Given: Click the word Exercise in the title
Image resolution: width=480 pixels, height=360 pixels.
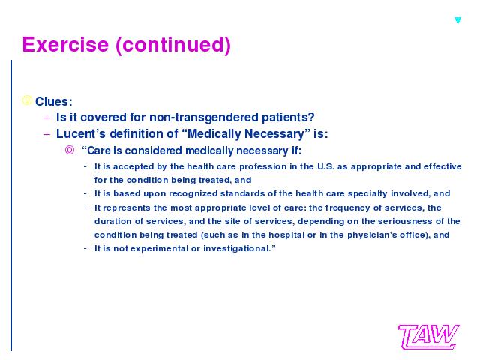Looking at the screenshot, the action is (65, 45).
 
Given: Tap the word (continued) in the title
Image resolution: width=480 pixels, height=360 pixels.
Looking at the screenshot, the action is (173, 46).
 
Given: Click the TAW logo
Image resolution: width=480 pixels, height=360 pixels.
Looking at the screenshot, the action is (428, 337).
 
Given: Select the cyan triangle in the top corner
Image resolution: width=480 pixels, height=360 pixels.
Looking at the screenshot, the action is (458, 20).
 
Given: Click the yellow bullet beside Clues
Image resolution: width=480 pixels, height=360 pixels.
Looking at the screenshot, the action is (27, 100).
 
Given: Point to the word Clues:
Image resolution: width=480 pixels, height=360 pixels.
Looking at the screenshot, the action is (53, 102).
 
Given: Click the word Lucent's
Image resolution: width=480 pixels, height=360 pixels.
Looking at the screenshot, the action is (81, 133).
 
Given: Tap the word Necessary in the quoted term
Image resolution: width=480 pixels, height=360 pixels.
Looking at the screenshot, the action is (274, 134).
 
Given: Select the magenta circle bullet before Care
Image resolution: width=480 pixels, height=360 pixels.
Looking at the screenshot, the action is (70, 150).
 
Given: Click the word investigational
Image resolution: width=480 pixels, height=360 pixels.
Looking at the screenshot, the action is (237, 248).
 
